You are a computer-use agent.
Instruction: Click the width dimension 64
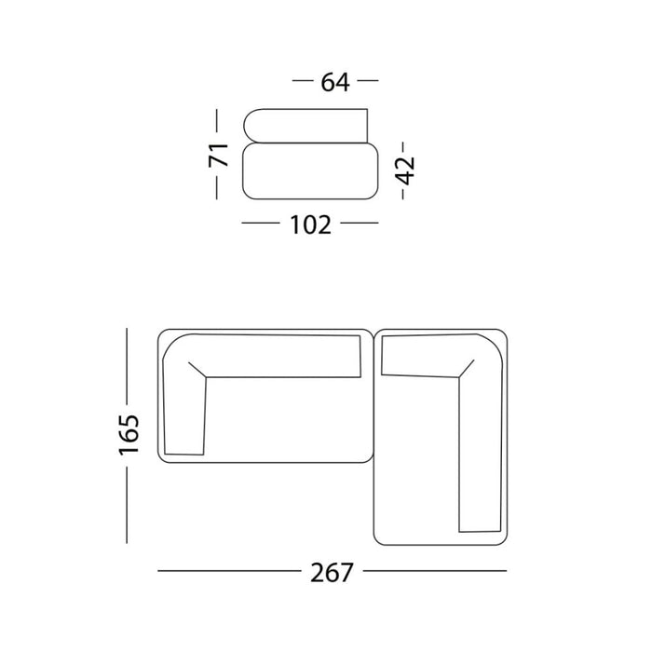335,82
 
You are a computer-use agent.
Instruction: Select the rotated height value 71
218,155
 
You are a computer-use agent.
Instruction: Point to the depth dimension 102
310,224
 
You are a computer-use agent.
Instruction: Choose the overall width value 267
333,571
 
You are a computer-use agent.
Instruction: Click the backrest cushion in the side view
306,127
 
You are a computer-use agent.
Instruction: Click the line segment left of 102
260,224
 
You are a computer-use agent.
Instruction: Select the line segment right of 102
360,224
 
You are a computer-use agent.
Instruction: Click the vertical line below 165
128,507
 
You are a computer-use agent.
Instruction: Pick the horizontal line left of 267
229,570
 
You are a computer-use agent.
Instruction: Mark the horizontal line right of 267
435,570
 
